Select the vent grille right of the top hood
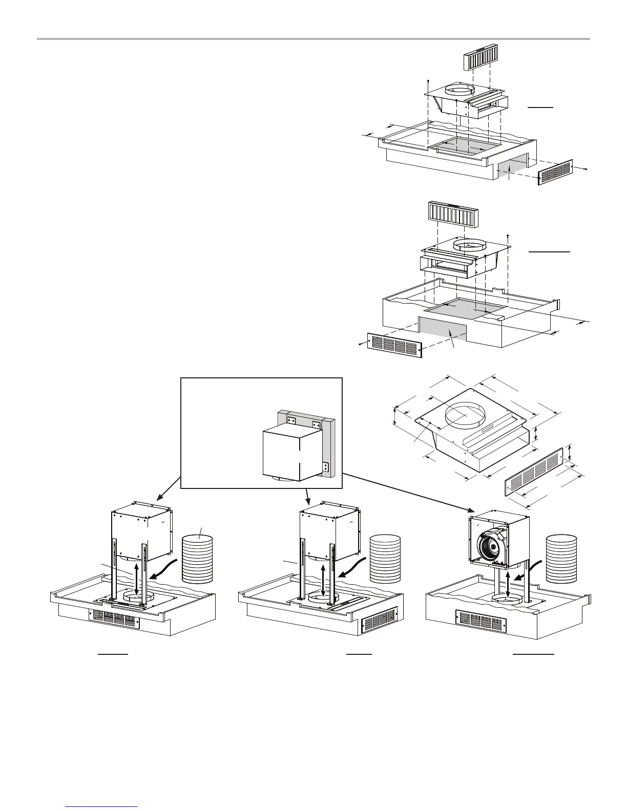click(556, 172)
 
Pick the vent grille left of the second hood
click(394, 345)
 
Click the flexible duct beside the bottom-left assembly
click(197, 559)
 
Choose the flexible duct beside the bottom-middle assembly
click(385, 559)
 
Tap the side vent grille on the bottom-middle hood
click(379, 621)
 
